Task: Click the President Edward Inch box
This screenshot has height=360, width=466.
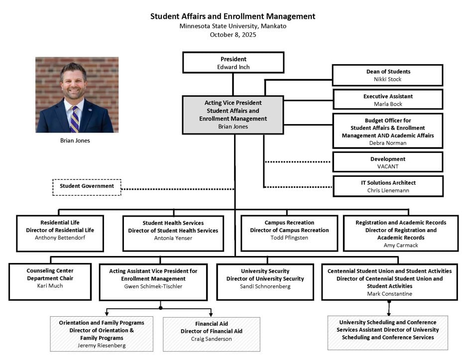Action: [x=233, y=62]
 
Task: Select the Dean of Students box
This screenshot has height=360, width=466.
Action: [x=387, y=75]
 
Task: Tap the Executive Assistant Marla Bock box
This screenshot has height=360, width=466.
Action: [x=387, y=100]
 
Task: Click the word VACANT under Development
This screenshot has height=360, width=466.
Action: [x=388, y=167]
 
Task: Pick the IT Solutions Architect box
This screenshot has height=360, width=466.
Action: [x=388, y=186]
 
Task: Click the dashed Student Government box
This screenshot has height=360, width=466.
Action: [x=87, y=187]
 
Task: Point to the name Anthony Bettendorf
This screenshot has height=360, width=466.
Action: [x=60, y=238]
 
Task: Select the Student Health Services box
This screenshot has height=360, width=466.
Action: [x=173, y=233]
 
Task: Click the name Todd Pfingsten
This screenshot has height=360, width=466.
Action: [x=289, y=238]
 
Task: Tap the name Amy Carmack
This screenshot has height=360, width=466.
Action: [x=401, y=245]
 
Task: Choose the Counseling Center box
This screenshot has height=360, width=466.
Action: [x=50, y=281]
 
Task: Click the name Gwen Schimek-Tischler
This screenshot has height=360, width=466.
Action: [x=153, y=287]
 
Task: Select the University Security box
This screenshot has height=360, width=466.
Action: [x=265, y=281]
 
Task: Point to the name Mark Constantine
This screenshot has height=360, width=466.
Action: [x=389, y=294]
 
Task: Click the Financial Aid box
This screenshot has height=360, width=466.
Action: [x=211, y=334]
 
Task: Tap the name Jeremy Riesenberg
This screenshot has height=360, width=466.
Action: [x=102, y=346]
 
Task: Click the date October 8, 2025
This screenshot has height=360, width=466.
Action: [x=233, y=35]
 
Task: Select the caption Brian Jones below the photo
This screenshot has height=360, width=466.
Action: [x=75, y=141]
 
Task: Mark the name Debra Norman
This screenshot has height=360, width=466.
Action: [x=387, y=143]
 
